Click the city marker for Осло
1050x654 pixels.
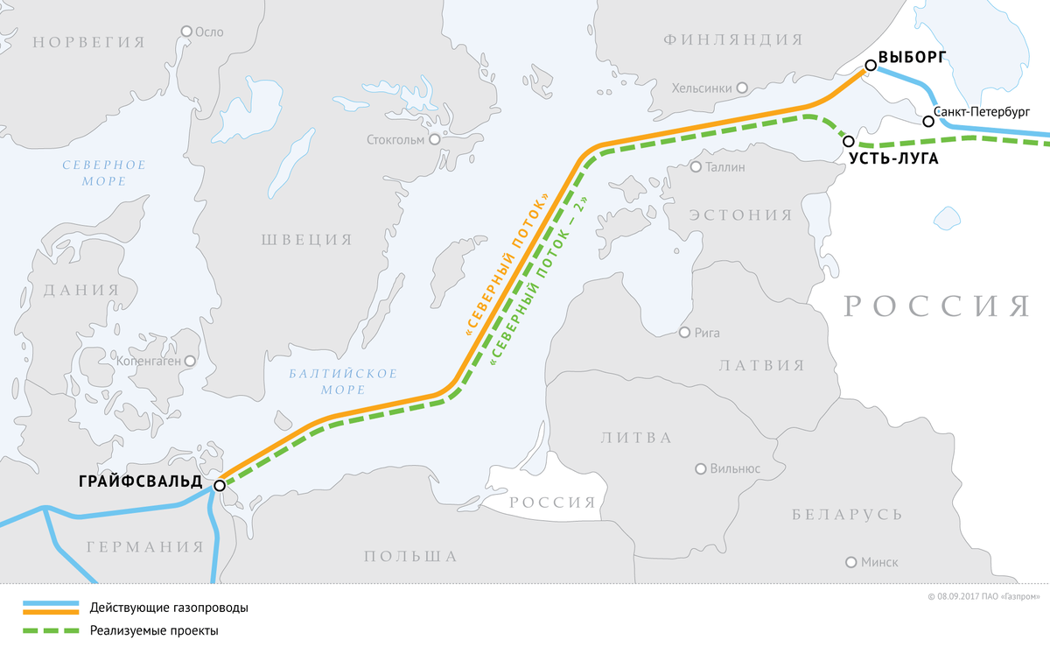point(185,31)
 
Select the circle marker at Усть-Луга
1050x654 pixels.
point(848,140)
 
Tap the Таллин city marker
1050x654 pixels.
point(696,166)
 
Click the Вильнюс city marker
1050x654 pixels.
point(700,468)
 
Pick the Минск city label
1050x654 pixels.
point(878,562)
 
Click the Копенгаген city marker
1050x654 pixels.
point(190,360)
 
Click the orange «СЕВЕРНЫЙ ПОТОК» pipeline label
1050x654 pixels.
point(507,265)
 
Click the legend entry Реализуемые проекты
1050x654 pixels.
point(153,630)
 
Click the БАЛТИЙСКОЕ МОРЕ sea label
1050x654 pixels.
point(343,381)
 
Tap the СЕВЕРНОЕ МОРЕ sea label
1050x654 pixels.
point(104,172)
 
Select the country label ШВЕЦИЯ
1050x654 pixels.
point(306,239)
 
